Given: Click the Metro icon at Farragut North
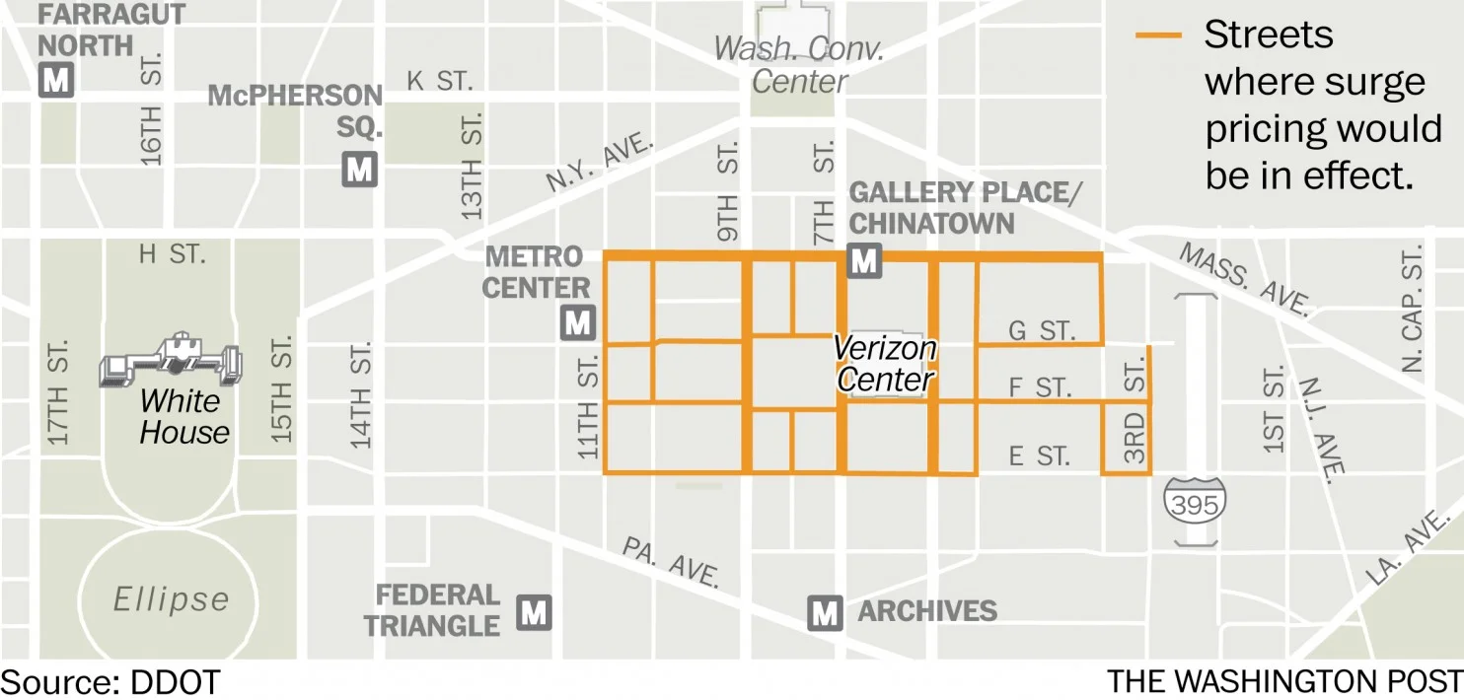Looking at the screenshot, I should [56, 80].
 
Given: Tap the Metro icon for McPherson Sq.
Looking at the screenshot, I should [360, 170].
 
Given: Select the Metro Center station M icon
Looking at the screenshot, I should [578, 322].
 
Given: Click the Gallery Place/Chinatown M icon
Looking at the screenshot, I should [864, 261].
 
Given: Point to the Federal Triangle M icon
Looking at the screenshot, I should [534, 612].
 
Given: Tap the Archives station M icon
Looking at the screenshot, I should [825, 613].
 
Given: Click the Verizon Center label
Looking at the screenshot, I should [884, 364].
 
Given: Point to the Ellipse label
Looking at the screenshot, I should [171, 598].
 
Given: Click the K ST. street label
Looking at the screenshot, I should [439, 82].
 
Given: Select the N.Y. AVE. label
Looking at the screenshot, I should [600, 165].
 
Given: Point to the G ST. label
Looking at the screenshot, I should [1040, 330].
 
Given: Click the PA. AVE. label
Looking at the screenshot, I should [672, 562].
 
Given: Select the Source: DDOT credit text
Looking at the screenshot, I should [110, 681].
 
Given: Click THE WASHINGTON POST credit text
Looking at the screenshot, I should [1283, 681].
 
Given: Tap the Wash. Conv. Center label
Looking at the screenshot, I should [799, 64].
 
